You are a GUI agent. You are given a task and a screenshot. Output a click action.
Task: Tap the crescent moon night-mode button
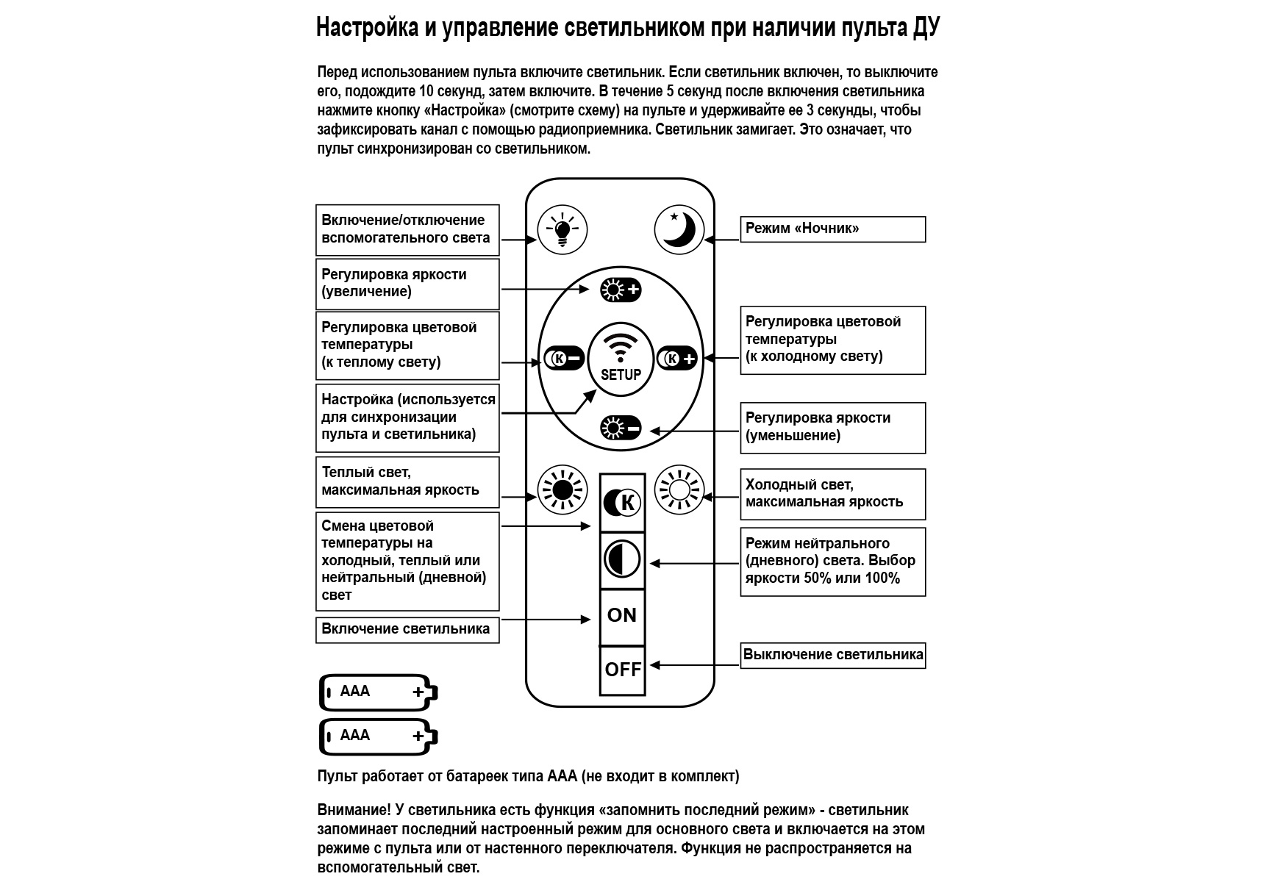tap(679, 230)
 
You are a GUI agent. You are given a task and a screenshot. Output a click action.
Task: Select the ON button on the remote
tap(622, 616)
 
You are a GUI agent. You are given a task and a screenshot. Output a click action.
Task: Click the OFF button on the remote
tap(623, 670)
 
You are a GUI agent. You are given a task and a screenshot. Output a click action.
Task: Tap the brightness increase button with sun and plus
tap(621, 290)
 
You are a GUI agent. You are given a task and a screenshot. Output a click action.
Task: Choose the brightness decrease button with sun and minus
tap(621, 427)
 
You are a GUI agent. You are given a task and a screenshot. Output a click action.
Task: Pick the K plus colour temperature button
tap(676, 359)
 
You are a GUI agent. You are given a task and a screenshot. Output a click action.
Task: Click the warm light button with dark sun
tap(562, 490)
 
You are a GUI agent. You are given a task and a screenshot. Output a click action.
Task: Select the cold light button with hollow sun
tap(679, 490)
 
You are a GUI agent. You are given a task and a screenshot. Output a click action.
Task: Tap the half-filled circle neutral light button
tap(622, 560)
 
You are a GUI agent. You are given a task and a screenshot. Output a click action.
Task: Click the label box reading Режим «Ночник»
tap(832, 229)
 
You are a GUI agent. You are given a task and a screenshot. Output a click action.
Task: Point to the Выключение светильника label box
tap(832, 655)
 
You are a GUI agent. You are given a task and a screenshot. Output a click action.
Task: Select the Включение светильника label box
tap(407, 630)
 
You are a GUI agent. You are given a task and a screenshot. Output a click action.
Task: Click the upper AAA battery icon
tap(379, 692)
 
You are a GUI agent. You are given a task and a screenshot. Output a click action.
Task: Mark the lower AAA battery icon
tap(379, 736)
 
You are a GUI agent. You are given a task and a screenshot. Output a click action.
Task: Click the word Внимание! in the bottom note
tap(354, 810)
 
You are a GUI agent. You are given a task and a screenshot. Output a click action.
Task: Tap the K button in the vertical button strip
tap(622, 503)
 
